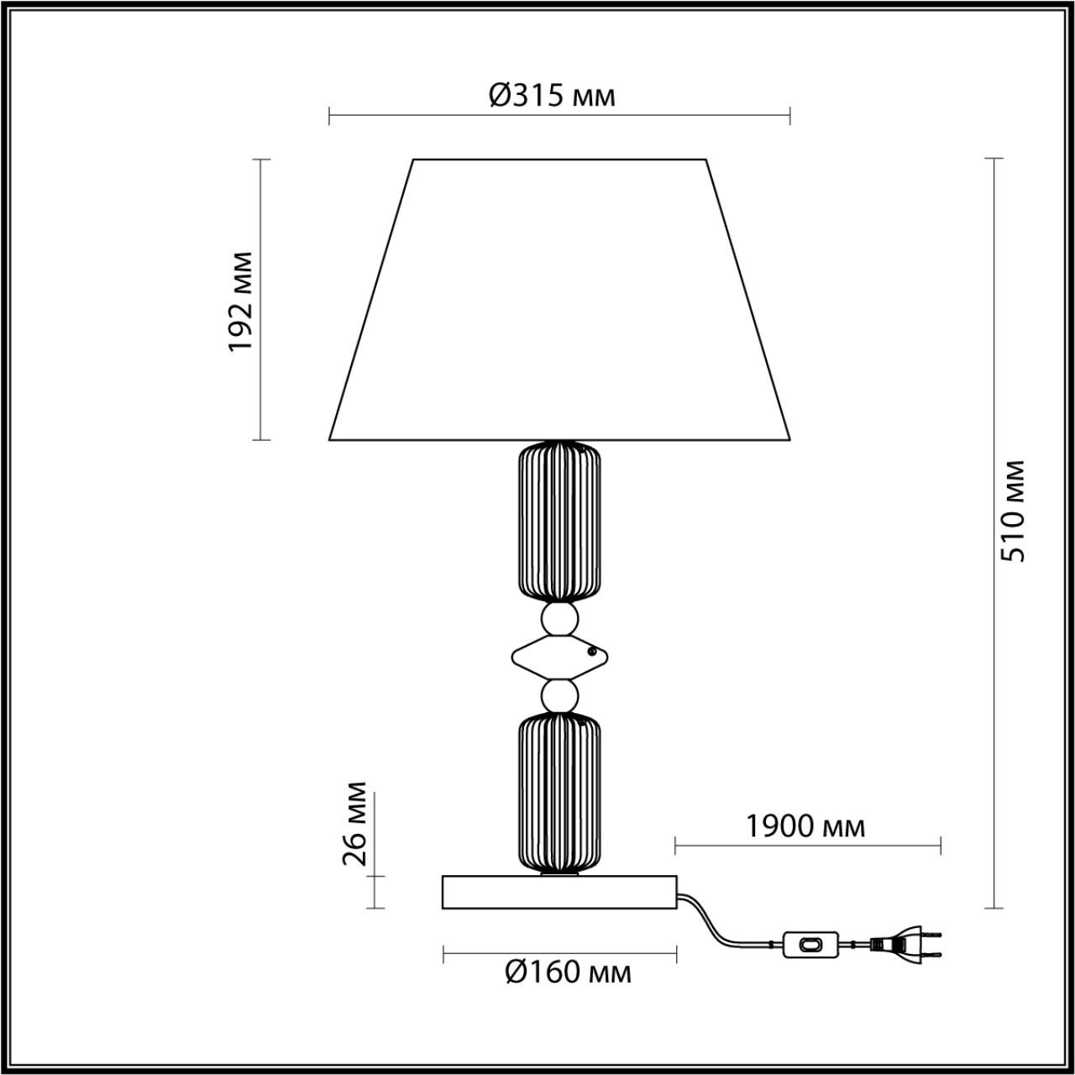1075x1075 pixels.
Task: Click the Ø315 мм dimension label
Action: [x=552, y=96]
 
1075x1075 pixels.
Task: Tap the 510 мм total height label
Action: [x=1016, y=511]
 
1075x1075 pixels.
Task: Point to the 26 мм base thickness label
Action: [x=355, y=823]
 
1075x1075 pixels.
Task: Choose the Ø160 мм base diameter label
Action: [x=568, y=973]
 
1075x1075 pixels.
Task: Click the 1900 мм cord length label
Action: [x=805, y=826]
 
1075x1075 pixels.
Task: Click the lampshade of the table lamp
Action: [x=559, y=302]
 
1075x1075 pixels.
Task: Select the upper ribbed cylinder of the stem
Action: [x=559, y=522]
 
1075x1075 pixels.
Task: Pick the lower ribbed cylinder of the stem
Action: [x=559, y=792]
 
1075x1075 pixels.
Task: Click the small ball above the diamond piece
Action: [x=559, y=620]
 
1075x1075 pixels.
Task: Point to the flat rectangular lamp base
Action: [x=559, y=892]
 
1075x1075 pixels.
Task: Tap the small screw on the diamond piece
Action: [x=593, y=650]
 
